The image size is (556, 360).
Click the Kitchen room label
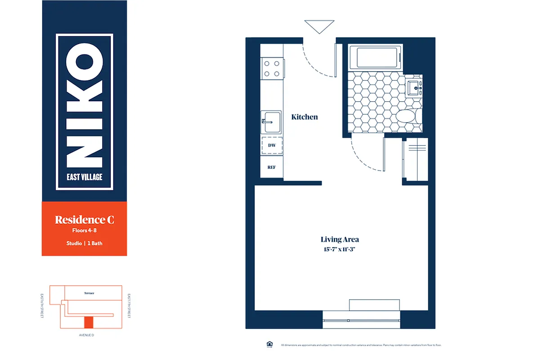305,117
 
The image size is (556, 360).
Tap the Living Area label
340,239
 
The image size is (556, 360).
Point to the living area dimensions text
340,249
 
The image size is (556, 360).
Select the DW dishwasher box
272,145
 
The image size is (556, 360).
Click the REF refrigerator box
272,167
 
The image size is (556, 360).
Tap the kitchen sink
272,122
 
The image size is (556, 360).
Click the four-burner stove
272,69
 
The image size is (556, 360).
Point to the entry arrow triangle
319,26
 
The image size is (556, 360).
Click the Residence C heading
84,220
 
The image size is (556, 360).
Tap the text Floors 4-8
84,231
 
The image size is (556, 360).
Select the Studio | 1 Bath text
84,243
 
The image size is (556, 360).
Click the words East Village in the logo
84,177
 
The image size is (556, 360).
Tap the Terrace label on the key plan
89,293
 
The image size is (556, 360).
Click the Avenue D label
85,335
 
